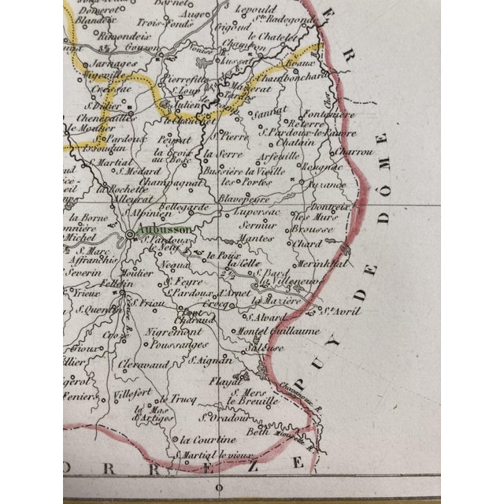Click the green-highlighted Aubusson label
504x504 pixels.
pyautogui.click(x=162, y=230)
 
